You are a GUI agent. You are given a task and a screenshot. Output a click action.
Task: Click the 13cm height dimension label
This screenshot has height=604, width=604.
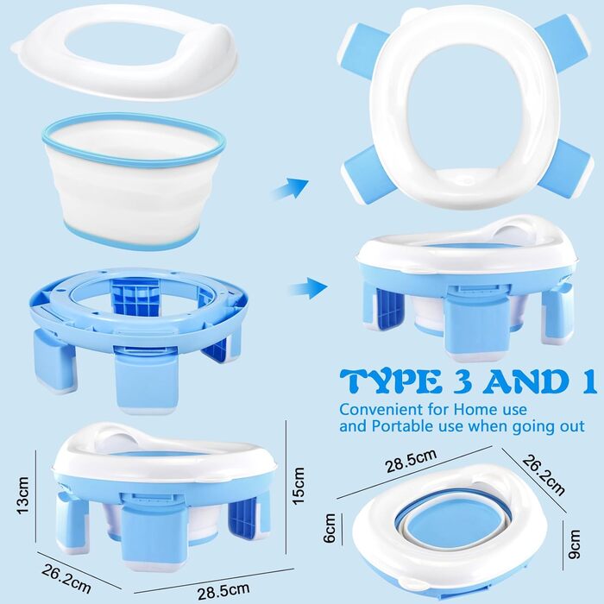click(x=23, y=494)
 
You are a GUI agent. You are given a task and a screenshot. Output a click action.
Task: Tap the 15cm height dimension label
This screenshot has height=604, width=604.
click(x=299, y=485)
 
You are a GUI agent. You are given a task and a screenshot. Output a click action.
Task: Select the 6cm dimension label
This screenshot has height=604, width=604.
click(x=330, y=528)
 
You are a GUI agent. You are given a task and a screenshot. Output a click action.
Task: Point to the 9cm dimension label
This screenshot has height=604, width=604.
click(x=575, y=544)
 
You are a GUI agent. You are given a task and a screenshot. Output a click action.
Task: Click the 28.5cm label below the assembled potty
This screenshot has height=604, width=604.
click(x=223, y=591)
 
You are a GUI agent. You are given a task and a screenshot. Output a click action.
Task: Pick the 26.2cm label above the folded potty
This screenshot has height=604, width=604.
click(x=544, y=475)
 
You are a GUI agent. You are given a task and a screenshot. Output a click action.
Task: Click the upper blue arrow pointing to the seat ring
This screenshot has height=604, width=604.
click(x=290, y=188)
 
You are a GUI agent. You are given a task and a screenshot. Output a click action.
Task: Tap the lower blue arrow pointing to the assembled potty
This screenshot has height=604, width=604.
click(x=308, y=287)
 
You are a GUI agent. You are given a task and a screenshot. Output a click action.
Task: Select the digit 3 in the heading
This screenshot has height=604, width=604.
click(x=464, y=381)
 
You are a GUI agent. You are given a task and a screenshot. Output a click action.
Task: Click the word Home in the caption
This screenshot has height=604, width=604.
click(x=475, y=409)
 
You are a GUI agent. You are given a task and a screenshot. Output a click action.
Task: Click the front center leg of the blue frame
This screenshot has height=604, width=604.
click(x=147, y=379)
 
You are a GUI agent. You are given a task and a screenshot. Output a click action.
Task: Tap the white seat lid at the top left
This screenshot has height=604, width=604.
click(x=126, y=52)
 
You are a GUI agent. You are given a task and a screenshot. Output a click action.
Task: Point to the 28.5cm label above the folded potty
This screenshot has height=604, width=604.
click(x=411, y=461)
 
